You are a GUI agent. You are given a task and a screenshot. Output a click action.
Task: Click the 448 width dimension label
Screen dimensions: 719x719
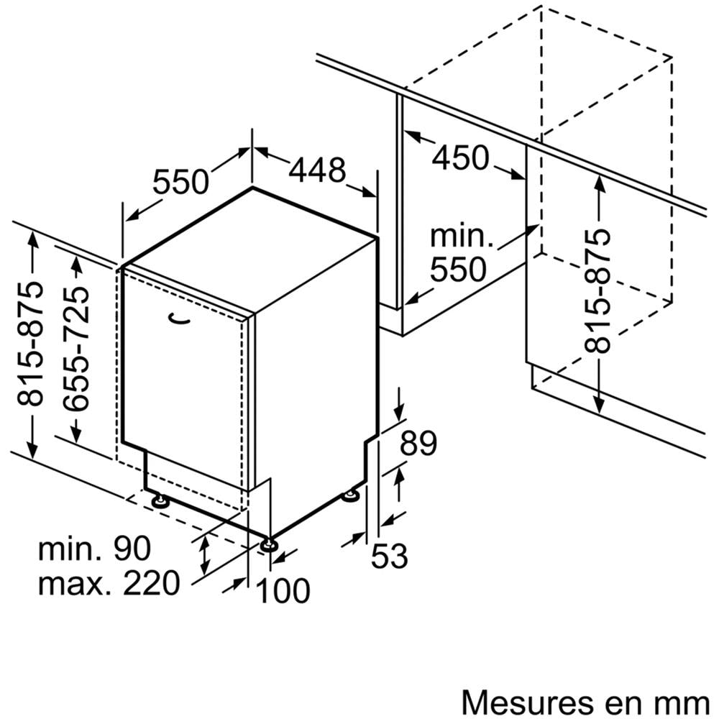(317, 170)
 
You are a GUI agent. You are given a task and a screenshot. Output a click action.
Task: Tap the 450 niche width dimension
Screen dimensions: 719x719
(460, 157)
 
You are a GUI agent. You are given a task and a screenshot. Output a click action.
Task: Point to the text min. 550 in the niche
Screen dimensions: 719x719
(457, 254)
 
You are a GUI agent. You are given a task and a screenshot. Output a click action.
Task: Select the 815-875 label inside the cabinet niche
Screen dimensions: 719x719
(597, 291)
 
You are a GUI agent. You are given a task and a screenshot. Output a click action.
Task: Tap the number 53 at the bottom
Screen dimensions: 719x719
(390, 556)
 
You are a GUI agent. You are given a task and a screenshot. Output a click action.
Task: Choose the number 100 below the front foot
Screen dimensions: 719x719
(283, 591)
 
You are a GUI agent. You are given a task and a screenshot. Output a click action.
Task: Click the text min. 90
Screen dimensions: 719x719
(95, 549)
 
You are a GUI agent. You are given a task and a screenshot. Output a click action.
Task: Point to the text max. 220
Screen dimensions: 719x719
(108, 583)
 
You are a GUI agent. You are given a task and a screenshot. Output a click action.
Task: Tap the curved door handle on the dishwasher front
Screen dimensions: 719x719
(178, 317)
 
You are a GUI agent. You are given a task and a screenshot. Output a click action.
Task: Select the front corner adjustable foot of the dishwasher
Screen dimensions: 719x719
(269, 544)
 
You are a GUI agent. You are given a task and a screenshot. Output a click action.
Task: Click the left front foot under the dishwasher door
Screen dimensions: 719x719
(159, 500)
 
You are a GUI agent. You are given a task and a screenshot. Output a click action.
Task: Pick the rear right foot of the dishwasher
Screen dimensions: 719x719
(352, 495)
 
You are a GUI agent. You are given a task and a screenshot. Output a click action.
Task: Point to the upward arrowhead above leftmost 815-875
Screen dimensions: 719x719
(32, 238)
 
